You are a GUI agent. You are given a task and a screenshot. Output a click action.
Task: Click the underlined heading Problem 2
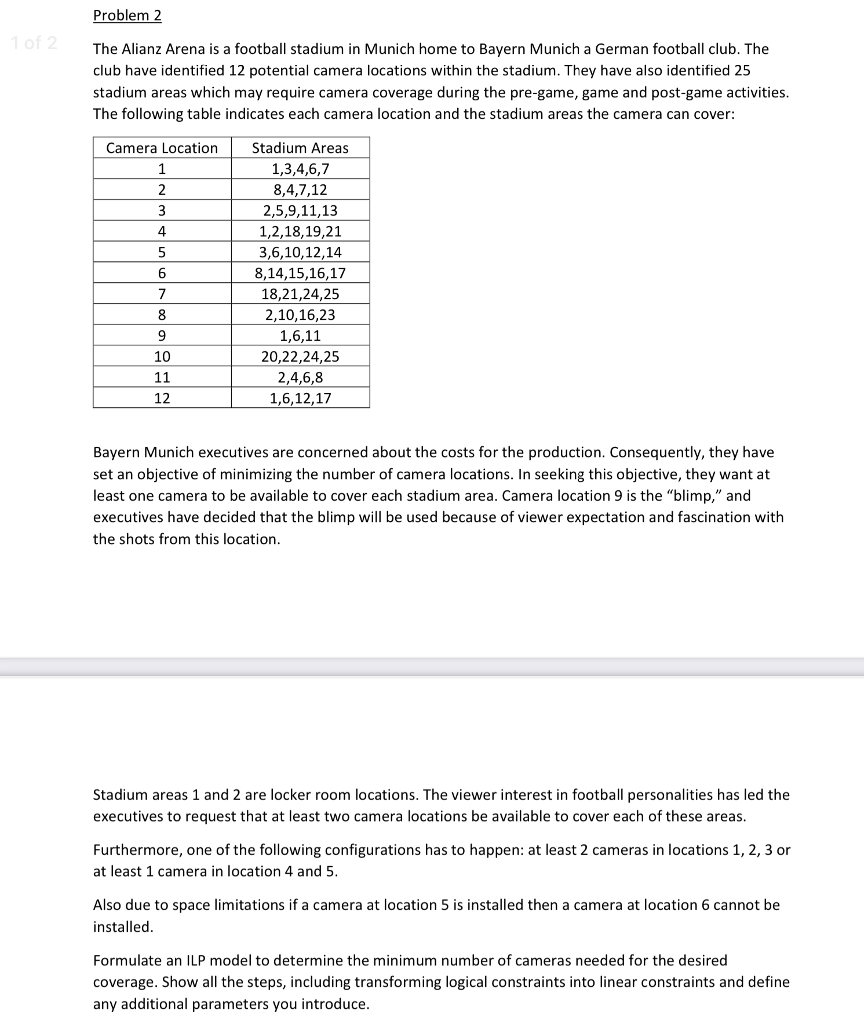(127, 16)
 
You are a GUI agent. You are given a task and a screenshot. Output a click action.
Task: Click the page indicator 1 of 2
(34, 43)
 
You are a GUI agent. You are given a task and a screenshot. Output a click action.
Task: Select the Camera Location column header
(162, 148)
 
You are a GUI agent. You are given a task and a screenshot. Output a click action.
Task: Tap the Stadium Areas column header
(300, 148)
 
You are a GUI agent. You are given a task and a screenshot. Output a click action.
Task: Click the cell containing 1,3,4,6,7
(300, 169)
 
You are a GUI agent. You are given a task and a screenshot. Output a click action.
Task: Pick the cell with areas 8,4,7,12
(300, 190)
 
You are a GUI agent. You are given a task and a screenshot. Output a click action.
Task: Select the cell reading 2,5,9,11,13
(300, 211)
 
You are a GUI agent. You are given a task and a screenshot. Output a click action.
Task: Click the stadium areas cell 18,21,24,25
(300, 294)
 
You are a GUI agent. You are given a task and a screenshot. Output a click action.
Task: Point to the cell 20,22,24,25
(300, 357)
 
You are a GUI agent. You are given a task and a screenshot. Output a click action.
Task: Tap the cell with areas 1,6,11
(300, 336)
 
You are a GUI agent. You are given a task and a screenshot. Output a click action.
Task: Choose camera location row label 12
(162, 399)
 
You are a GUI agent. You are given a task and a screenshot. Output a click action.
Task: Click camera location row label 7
(162, 294)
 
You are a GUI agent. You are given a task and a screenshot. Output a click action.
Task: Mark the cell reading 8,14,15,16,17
(300, 273)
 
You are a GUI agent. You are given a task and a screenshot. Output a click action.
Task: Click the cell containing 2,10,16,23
(300, 315)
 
